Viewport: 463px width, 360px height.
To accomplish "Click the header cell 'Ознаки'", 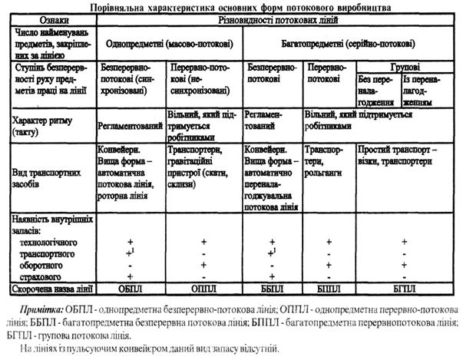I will click(49, 17).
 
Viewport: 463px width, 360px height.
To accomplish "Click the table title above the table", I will click(230, 5).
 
